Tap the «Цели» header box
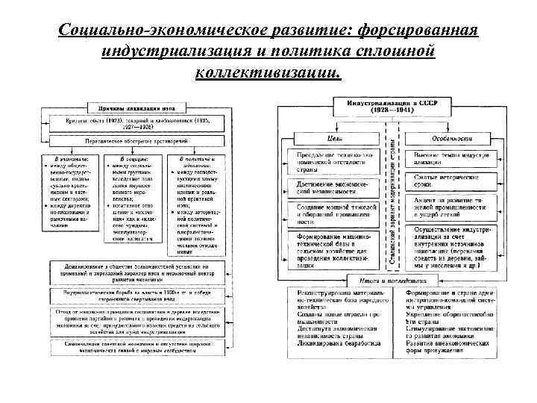(x=335, y=138)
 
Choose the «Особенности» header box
(x=447, y=138)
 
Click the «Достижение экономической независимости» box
(x=332, y=187)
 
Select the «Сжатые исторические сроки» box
(x=446, y=179)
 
